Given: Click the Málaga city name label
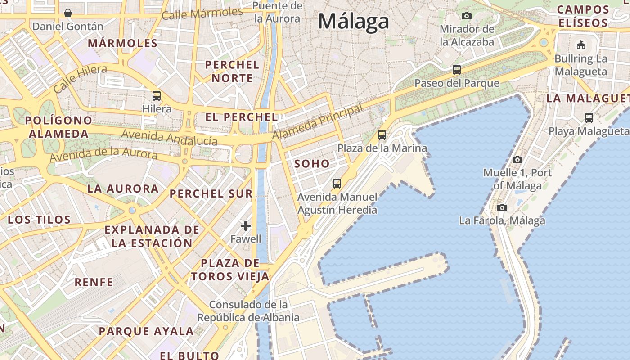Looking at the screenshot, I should (x=354, y=21).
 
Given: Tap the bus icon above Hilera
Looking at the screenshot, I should (x=157, y=95).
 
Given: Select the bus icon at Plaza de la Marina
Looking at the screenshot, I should (x=382, y=135).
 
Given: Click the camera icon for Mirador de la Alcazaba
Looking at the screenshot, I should (x=467, y=16).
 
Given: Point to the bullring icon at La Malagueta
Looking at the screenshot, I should (x=581, y=45).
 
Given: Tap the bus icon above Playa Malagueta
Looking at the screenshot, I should (x=589, y=118).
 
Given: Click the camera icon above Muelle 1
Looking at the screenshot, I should (x=517, y=159).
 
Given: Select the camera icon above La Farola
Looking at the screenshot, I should (x=502, y=207).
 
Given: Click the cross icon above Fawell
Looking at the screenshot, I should (x=246, y=225).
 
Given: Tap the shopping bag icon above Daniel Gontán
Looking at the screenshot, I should (x=68, y=13).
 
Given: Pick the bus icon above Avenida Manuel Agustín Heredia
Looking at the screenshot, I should (x=337, y=184).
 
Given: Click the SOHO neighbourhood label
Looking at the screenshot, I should (x=312, y=164).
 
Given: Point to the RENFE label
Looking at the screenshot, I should (x=94, y=282).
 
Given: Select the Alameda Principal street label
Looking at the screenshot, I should (x=318, y=122).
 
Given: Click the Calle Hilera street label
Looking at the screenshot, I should (x=80, y=78).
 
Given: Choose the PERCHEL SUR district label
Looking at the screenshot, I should (x=211, y=194).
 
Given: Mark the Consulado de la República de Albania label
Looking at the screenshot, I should (x=248, y=311).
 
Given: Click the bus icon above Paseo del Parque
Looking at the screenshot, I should (x=457, y=70).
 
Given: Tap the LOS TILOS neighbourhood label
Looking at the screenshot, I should (x=40, y=220).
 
